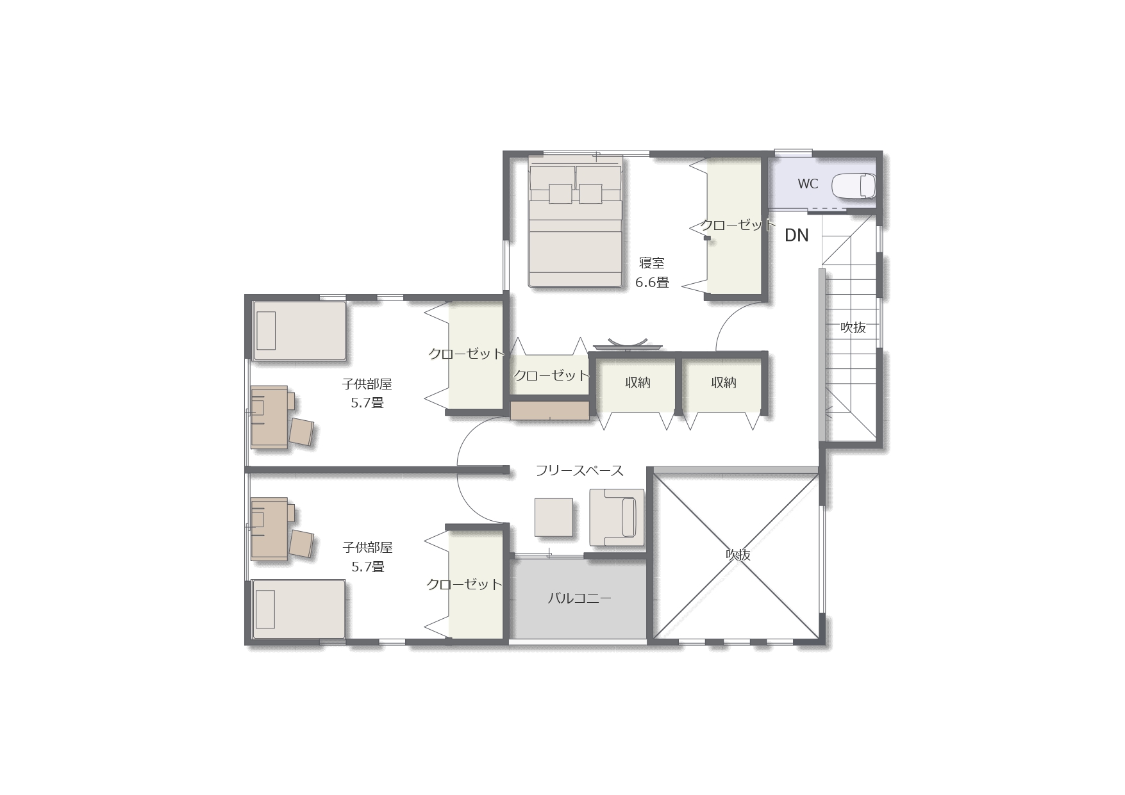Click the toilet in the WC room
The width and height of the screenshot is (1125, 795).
(x=853, y=186)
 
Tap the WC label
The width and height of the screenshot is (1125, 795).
(x=808, y=184)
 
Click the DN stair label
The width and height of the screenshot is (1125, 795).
(x=797, y=235)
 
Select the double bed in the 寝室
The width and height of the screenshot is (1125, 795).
(x=575, y=221)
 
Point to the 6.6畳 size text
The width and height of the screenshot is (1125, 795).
(x=652, y=282)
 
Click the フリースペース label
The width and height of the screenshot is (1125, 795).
(x=579, y=471)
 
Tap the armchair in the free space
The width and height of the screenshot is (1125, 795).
(x=617, y=518)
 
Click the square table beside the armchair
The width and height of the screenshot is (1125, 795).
(x=554, y=518)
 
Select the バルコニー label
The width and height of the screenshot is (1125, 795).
(x=579, y=599)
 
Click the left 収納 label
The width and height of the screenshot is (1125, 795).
(x=638, y=382)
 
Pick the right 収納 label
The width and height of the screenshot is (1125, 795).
(x=724, y=382)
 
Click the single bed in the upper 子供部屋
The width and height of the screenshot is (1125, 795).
(x=299, y=331)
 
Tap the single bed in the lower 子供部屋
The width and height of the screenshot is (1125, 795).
(x=299, y=609)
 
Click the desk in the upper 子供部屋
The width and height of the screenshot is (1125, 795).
(x=269, y=416)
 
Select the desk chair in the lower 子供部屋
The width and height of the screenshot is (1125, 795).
(x=301, y=543)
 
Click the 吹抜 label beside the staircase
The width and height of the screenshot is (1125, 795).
(x=853, y=327)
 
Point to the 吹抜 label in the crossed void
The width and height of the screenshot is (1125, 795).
(x=738, y=555)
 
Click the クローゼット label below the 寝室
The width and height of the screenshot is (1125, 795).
(x=551, y=375)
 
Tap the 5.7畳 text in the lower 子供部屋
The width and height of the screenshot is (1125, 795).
(x=368, y=567)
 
